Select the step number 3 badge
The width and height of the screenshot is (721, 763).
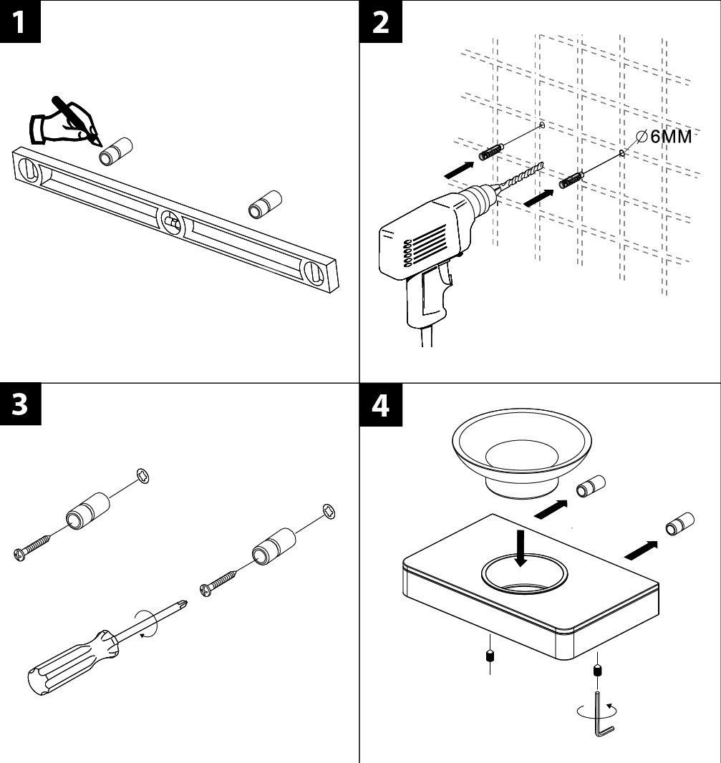point(19,404)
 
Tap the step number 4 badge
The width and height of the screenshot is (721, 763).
point(381,405)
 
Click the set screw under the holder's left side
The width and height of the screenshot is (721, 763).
point(489,656)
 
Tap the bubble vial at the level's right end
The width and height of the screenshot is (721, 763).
point(314,273)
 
